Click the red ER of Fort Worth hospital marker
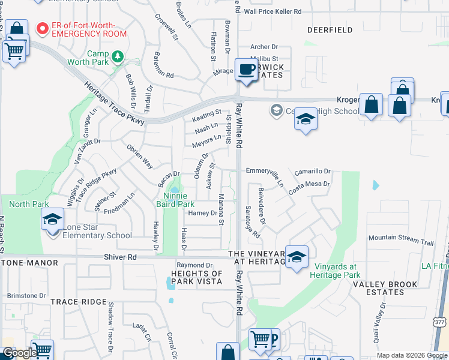[x=42, y=28]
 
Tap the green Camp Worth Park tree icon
[x=119, y=56]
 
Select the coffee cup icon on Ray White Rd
[x=246, y=70]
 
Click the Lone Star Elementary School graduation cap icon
[x=53, y=220]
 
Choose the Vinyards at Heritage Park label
[x=333, y=271]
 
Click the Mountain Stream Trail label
[x=400, y=241]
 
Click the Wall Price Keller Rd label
[x=272, y=11]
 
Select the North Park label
[x=29, y=204]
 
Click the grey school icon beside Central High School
[x=276, y=110]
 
